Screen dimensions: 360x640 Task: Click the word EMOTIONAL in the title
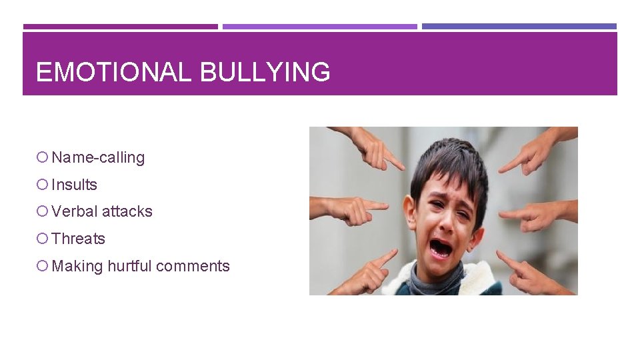(x=113, y=72)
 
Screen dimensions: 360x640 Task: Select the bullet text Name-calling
(x=98, y=158)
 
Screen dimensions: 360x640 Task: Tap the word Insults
(x=74, y=185)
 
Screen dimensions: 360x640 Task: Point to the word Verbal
(x=73, y=211)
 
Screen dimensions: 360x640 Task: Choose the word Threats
(x=78, y=239)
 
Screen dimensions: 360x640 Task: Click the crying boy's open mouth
(x=441, y=249)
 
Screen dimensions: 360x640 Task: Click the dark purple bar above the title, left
(x=120, y=27)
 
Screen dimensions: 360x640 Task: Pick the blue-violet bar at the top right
(x=519, y=27)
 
